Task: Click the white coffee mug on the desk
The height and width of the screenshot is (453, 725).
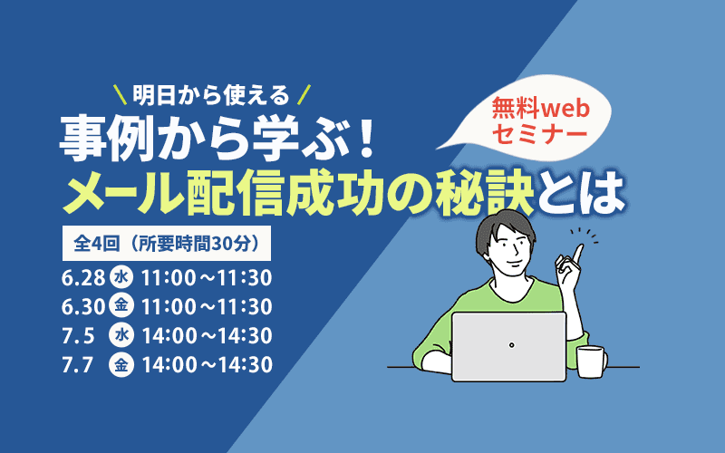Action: (x=590, y=361)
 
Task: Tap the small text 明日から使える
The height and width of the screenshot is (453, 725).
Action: (x=209, y=92)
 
